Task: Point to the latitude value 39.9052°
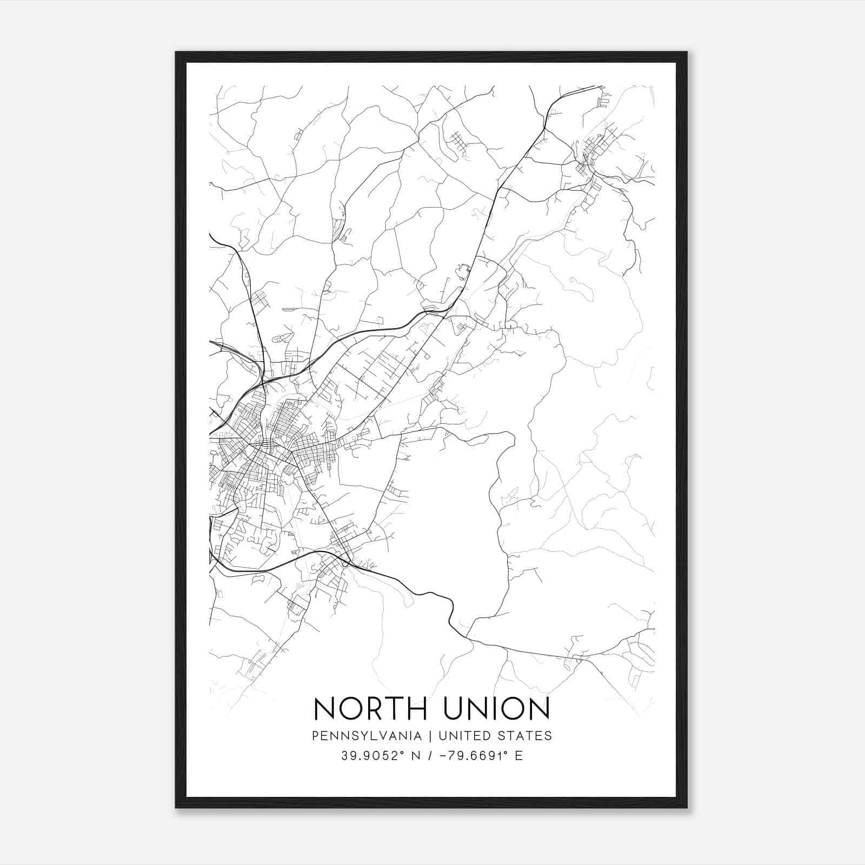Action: click(372, 756)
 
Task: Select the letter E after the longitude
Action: click(519, 756)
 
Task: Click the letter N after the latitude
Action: click(416, 756)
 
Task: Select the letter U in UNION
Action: click(456, 708)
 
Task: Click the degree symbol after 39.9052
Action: click(402, 752)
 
